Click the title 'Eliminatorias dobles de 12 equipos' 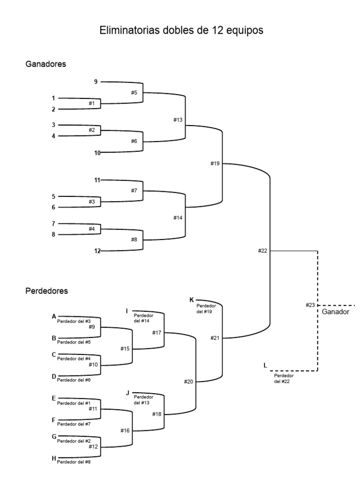(181, 30)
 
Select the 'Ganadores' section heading (45, 65)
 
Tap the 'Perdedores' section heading (46, 291)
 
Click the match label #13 (177, 120)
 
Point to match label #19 (215, 164)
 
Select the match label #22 (262, 251)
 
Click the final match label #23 (310, 305)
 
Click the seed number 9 (96, 82)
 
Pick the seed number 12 (97, 251)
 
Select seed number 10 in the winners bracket (97, 152)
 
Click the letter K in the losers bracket (191, 299)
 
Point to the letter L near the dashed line (266, 365)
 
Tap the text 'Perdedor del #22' (284, 378)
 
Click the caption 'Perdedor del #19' (206, 308)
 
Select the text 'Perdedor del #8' (74, 462)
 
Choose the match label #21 (215, 337)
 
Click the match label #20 (188, 382)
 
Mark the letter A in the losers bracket (54, 316)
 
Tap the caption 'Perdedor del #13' (143, 399)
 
